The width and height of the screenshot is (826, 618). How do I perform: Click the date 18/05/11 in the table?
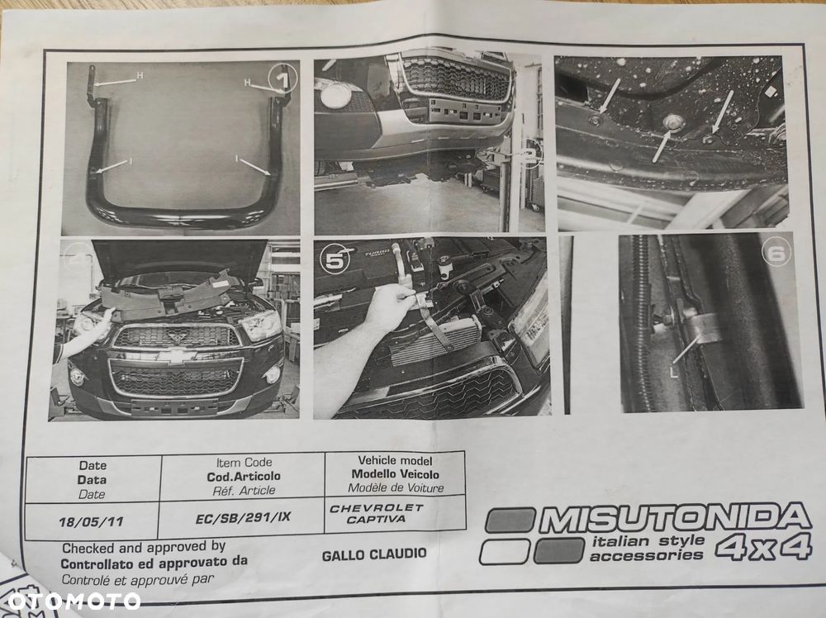point(91,521)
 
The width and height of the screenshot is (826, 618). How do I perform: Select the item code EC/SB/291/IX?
point(243,517)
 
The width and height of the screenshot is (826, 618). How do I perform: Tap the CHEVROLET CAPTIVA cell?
point(376,514)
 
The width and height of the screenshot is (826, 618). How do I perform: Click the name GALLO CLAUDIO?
point(374,554)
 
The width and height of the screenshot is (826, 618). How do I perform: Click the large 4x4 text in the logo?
point(763,548)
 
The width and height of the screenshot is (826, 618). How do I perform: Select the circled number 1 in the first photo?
point(282,78)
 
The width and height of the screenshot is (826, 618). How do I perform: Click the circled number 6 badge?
point(776,253)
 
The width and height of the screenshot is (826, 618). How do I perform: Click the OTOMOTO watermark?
point(74,601)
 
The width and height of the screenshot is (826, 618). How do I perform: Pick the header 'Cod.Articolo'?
point(244,476)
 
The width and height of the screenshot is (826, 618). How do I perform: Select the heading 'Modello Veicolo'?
point(395,474)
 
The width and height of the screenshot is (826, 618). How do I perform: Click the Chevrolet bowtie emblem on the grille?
point(177,356)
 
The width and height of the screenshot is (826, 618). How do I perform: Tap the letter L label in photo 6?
point(674,372)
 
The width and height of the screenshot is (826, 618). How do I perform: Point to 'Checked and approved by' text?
point(144,548)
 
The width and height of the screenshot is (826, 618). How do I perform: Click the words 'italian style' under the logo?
point(648,541)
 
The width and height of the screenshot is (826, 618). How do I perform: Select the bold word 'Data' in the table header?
point(92,480)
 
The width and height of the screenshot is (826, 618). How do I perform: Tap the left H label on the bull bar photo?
point(140,75)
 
